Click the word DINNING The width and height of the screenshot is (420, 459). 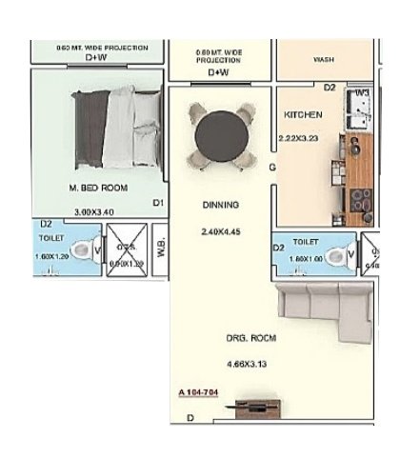[x=220, y=205]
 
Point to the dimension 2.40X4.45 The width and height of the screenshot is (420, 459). [x=221, y=231]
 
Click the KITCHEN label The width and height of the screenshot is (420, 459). [x=303, y=115]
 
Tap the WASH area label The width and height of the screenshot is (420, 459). [x=323, y=59]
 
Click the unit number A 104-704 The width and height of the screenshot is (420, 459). [x=200, y=392]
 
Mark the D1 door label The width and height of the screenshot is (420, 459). [x=159, y=203]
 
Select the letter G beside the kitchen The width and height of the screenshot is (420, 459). [x=272, y=169]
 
